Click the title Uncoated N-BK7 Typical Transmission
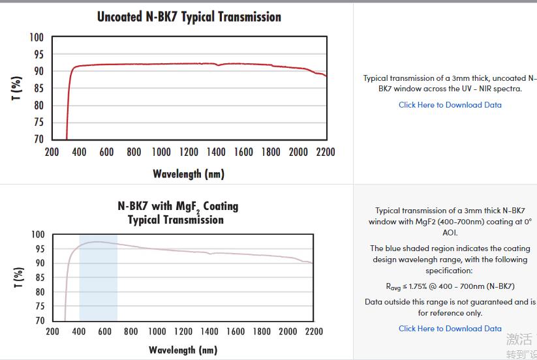[x=189, y=17]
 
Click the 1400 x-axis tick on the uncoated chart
[x=216, y=152]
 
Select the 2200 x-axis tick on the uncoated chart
[x=325, y=152]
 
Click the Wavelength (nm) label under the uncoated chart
[x=189, y=173]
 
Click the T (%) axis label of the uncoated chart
[x=17, y=89]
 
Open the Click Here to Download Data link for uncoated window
[x=450, y=105]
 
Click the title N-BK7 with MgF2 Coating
[x=178, y=206]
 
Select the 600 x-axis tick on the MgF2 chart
[x=105, y=331]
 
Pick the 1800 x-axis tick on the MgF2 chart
[x=262, y=331]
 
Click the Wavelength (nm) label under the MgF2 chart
[x=183, y=350]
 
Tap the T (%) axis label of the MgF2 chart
[x=19, y=277]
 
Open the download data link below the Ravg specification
[x=450, y=329]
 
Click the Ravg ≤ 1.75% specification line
[x=450, y=286]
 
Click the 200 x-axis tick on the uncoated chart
[x=52, y=152]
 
